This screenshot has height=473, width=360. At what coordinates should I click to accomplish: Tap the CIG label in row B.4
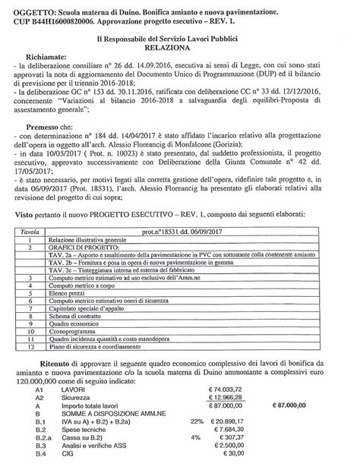click(x=74, y=464)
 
